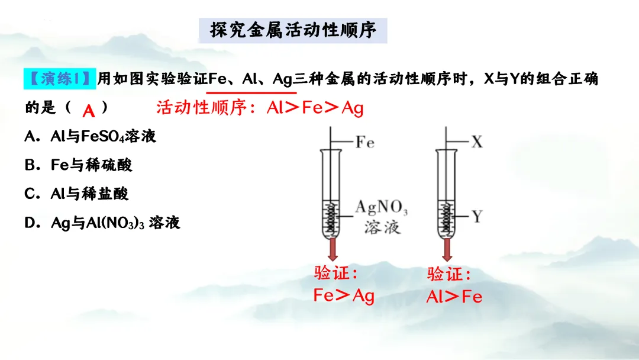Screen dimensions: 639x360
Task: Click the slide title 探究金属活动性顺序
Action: [x=293, y=30]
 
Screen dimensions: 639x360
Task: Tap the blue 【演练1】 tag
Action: [x=59, y=78]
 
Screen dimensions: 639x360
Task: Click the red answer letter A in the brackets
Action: [x=89, y=110]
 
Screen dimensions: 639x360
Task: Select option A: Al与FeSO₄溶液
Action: [x=91, y=137]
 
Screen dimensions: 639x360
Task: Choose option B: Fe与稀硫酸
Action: [x=79, y=165]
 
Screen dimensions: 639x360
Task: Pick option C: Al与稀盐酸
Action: [x=77, y=194]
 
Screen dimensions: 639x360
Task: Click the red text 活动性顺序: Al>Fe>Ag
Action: [x=260, y=108]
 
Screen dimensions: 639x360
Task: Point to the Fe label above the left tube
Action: [x=364, y=143]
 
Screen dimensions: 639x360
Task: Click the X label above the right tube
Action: [x=477, y=142]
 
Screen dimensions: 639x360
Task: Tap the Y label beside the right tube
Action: [x=477, y=217]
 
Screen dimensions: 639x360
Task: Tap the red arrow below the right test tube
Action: [x=447, y=249]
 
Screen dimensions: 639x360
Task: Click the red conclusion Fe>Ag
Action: [x=344, y=295]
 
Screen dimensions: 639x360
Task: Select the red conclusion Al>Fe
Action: [x=454, y=297]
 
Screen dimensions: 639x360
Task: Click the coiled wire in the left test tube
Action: [x=333, y=218]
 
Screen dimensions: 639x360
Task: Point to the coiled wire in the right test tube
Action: [x=447, y=218]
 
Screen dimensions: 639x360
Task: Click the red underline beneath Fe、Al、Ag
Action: [x=253, y=93]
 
